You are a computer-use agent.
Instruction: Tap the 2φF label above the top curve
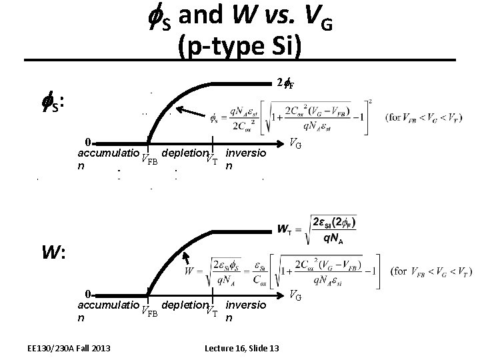coord(285,83)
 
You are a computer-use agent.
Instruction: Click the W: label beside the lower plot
coord(53,253)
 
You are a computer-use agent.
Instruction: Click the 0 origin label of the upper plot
coord(87,141)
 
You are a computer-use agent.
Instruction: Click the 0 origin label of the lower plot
coord(87,294)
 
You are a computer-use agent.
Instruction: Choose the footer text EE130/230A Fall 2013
coord(69,349)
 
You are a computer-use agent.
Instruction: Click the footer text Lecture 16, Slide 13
coord(241,349)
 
